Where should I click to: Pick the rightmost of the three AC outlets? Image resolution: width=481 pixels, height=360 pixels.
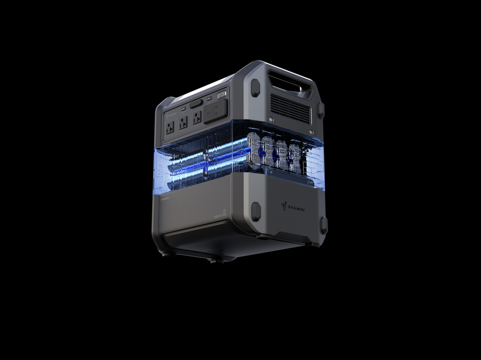click(196, 119)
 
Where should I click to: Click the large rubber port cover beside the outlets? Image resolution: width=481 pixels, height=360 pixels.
click(216, 111)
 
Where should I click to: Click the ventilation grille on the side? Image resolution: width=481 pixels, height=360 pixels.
click(291, 108)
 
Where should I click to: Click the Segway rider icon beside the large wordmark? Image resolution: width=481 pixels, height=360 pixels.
click(285, 206)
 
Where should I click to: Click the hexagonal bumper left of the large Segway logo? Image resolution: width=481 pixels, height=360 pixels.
click(256, 211)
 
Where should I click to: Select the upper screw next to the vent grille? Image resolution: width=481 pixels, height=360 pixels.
click(271, 119)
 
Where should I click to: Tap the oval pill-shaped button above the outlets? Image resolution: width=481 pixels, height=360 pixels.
click(196, 104)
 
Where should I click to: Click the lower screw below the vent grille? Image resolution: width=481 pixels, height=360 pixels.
click(311, 132)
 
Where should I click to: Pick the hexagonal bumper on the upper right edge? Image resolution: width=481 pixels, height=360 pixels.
click(321, 109)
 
